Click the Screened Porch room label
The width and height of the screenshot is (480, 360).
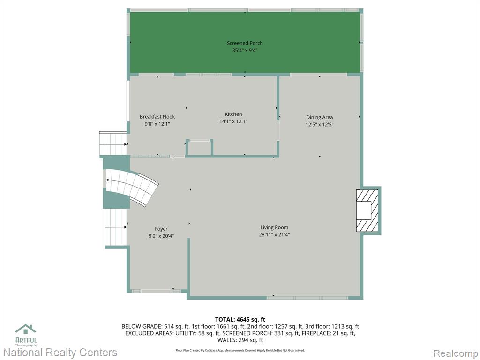click(245, 43)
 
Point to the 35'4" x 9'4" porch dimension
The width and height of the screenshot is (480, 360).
click(245, 50)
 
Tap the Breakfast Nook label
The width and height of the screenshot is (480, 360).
click(157, 117)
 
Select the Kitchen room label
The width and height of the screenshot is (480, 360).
click(233, 114)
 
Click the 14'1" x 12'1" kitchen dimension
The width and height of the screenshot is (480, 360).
click(233, 121)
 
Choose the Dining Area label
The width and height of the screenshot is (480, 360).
click(319, 117)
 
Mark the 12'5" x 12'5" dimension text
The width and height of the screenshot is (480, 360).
click(319, 124)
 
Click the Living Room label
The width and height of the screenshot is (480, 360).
click(274, 227)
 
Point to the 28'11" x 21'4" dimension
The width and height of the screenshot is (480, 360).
click(274, 235)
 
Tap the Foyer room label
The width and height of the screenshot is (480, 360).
click(161, 229)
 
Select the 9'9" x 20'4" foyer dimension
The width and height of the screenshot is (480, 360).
click(161, 236)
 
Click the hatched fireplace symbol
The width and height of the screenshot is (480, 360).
click(367, 210)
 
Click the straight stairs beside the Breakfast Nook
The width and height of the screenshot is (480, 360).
click(113, 144)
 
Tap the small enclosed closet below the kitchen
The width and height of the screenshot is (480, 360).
click(199, 148)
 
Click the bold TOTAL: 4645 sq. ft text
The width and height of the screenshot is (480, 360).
click(240, 320)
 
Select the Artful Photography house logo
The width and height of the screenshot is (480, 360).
click(26, 335)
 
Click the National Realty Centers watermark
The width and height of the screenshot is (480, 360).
click(60, 352)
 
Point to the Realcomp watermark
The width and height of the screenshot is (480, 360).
click(456, 353)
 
